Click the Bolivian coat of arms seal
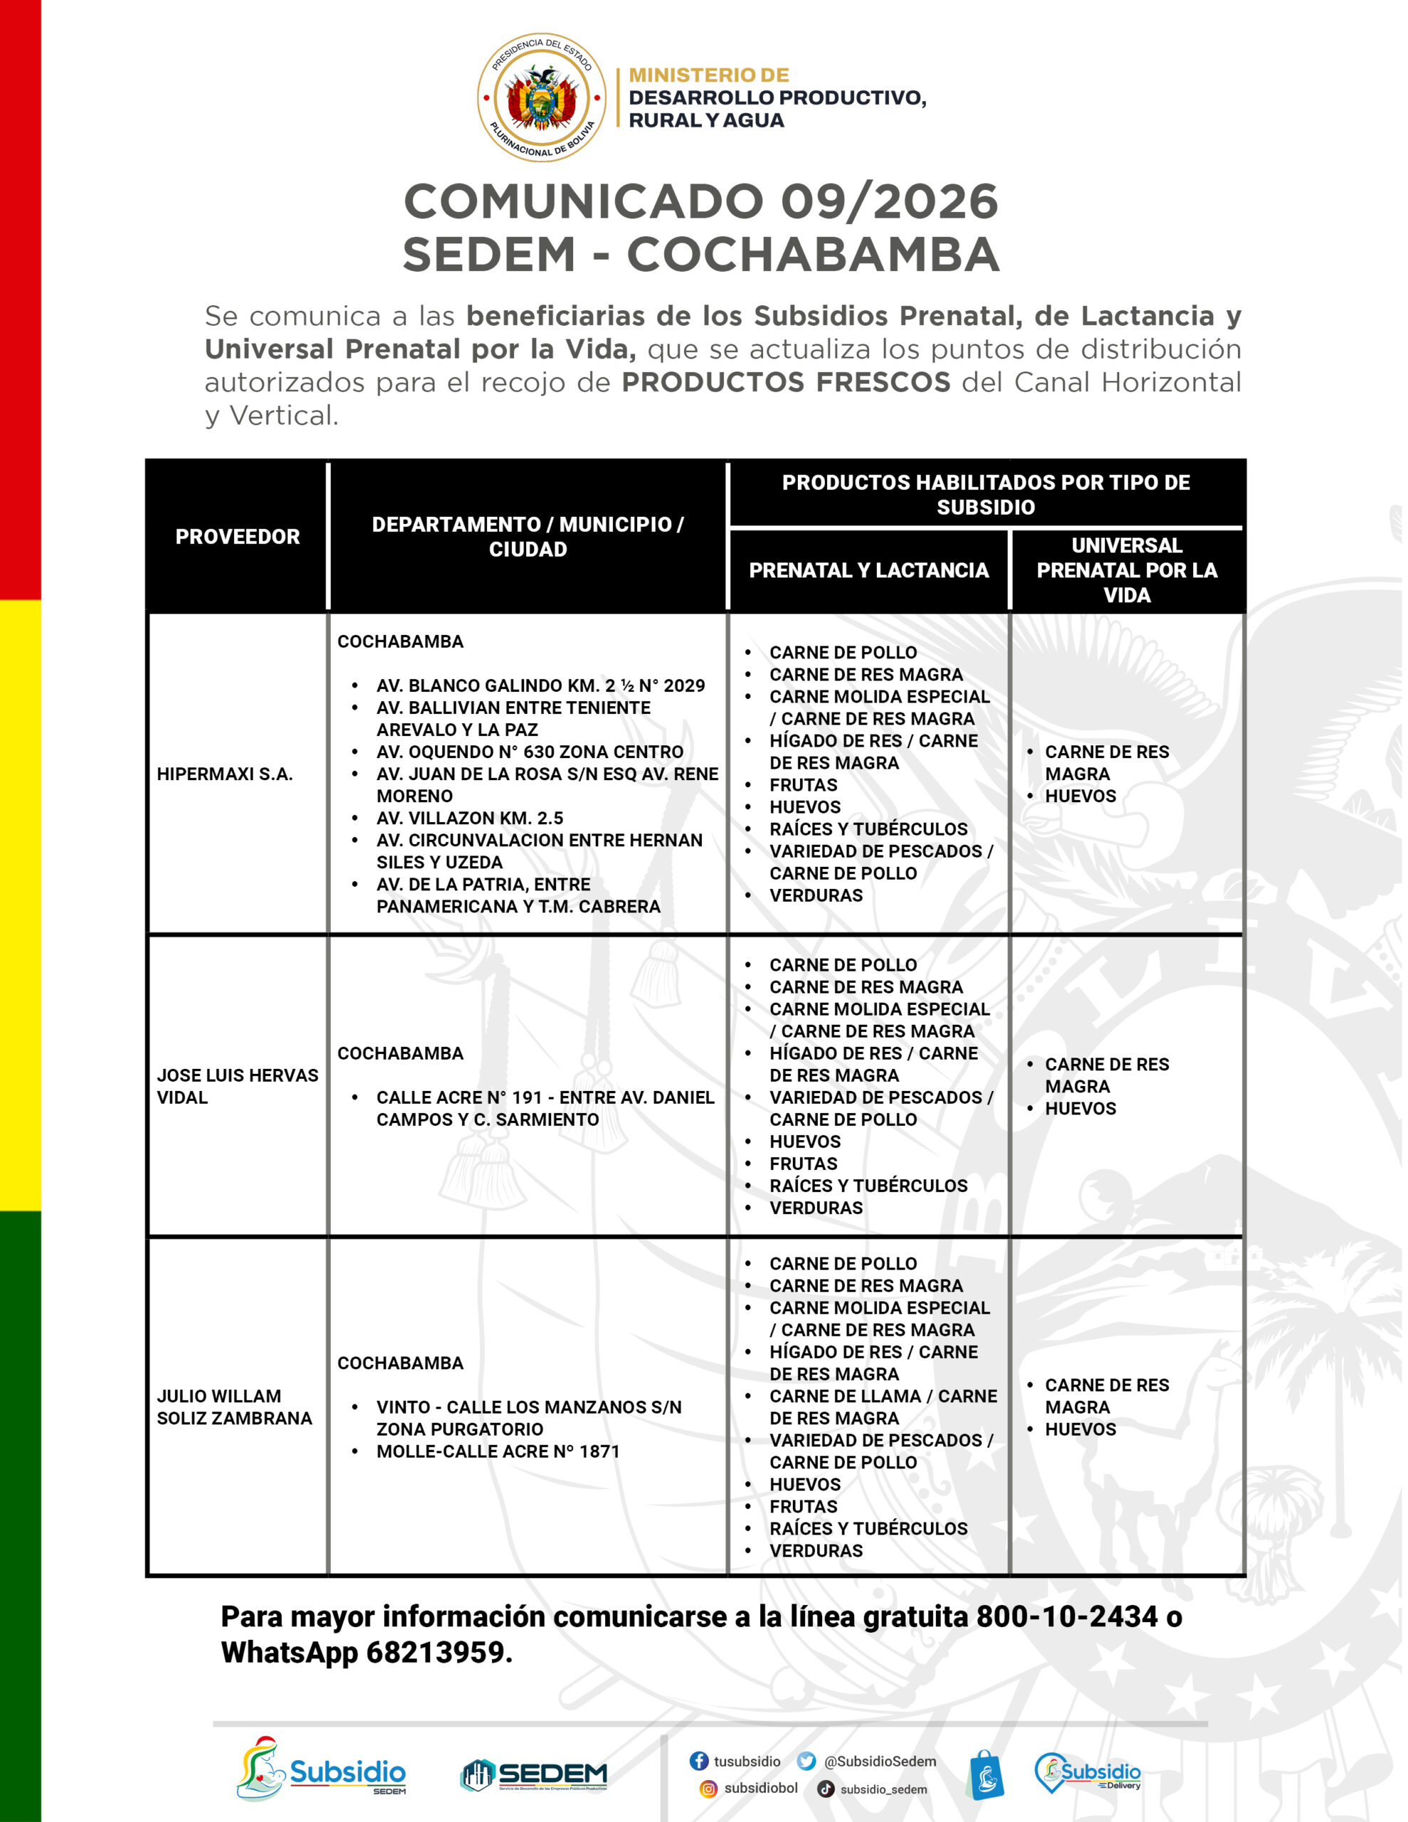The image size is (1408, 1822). (541, 98)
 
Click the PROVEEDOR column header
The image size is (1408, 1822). (237, 537)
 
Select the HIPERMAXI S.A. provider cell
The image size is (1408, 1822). (224, 774)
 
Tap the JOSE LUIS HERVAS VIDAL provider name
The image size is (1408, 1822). (237, 1085)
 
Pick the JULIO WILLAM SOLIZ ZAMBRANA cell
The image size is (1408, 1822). (233, 1406)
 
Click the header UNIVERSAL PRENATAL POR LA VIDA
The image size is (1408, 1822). (1126, 570)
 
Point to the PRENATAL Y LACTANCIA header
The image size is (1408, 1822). (868, 570)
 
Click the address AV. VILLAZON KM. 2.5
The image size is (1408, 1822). (469, 818)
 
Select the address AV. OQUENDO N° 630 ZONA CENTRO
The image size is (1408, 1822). (529, 752)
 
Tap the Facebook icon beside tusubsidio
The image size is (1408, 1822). (698, 1760)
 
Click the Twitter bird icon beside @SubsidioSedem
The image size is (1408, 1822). (805, 1760)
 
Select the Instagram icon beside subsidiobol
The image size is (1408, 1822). (708, 1789)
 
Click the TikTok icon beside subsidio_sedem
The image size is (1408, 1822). (826, 1789)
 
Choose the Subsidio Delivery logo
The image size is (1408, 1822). (1087, 1772)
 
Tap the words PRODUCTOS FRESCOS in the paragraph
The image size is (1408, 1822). (785, 382)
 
